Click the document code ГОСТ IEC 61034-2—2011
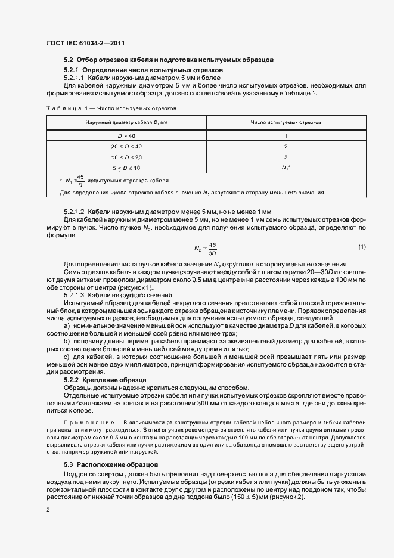pos(85,44)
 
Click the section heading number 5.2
pos(69,60)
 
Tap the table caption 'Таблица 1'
pos(61,108)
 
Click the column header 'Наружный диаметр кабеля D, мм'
pos(126,122)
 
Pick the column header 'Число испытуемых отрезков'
pos(286,122)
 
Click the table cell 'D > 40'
pos(126,136)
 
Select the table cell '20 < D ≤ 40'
pos(126,146)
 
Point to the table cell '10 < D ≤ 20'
pos(126,157)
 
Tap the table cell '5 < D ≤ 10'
pos(126,168)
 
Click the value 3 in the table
pos(286,157)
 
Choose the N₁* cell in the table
pos(286,168)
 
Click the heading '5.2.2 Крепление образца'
pos(106,380)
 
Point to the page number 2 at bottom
pos(48,510)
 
